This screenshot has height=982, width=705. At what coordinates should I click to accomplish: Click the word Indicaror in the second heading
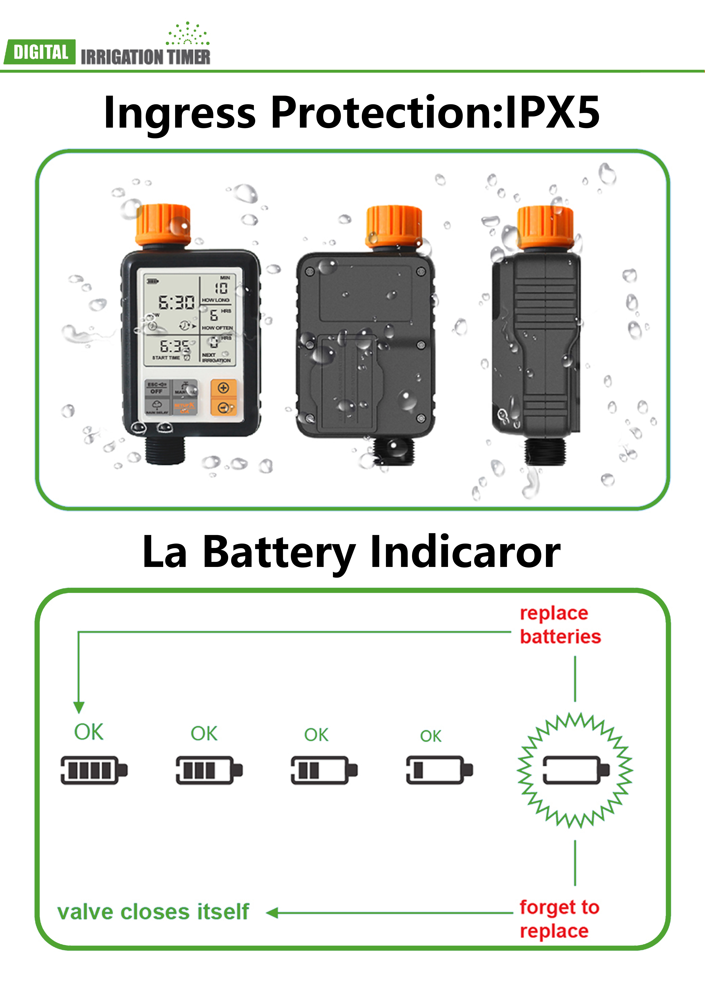tap(465, 552)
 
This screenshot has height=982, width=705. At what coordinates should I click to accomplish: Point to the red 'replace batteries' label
tap(560, 625)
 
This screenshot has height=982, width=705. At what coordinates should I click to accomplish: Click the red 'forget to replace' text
tap(559, 919)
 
